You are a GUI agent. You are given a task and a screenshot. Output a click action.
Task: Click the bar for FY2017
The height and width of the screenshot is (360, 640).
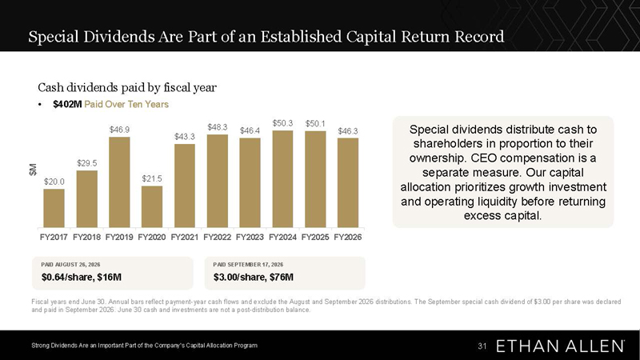point(54,208)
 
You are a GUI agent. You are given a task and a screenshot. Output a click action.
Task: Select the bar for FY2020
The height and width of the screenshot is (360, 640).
point(152,207)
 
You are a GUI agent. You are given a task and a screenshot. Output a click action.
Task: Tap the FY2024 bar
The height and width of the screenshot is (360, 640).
point(282,178)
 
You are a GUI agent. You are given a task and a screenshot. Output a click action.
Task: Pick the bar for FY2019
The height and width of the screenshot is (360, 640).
point(119,182)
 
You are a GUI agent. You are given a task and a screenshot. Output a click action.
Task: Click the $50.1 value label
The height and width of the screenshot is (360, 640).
point(315,123)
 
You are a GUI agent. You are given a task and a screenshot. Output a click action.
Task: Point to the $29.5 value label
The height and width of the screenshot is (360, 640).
point(87,163)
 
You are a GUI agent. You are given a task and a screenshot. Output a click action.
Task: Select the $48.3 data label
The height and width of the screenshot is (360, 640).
point(217,127)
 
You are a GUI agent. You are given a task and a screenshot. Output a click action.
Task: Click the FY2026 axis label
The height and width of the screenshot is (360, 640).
point(348,237)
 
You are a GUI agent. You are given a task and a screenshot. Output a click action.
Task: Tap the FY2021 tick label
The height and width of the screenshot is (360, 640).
point(185,237)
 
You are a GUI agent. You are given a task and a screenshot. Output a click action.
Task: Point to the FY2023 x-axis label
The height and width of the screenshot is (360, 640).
point(250,237)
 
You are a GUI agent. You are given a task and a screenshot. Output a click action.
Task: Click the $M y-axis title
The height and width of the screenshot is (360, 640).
point(33,170)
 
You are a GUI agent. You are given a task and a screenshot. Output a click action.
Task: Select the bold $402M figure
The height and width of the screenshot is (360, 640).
point(67,105)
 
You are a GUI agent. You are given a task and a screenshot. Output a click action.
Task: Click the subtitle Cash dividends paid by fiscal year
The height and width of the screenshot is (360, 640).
point(127,87)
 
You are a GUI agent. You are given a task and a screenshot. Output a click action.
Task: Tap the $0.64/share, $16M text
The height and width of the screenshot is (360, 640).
point(82,277)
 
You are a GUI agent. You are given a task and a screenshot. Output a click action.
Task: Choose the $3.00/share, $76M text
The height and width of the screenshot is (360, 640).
point(253,277)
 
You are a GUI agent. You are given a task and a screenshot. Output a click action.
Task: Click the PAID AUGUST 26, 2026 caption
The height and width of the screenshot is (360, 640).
point(70,265)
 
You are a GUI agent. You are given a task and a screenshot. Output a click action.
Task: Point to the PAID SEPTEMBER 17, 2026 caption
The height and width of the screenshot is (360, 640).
point(248,265)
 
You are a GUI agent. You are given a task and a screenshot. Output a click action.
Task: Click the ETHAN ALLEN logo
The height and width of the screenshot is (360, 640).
point(560,346)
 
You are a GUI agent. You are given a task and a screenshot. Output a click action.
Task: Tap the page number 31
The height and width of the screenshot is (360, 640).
point(482,346)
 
